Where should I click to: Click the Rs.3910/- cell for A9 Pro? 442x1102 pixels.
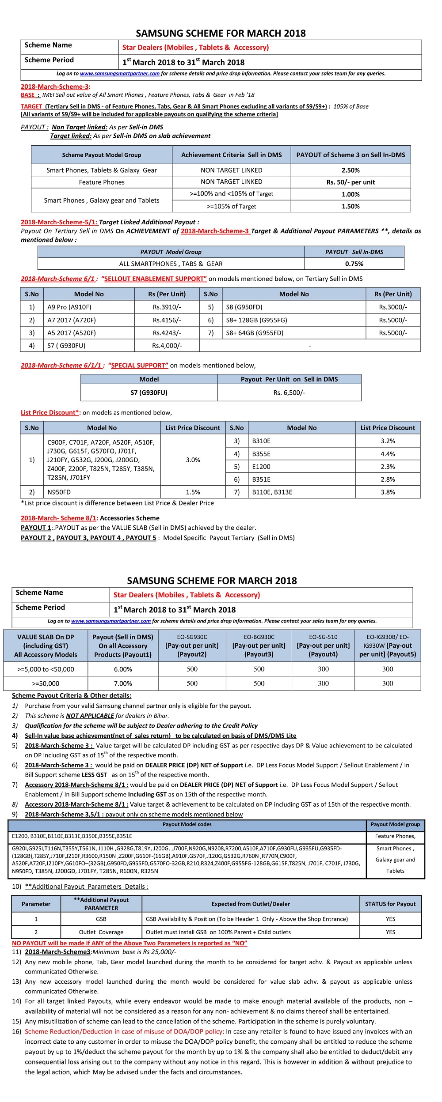point(167,307)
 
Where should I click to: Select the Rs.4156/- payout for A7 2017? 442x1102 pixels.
point(167,320)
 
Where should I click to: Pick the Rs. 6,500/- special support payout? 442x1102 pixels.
point(289,392)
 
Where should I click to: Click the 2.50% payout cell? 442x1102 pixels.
point(351,170)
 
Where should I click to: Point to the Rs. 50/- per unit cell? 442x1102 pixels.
point(351,182)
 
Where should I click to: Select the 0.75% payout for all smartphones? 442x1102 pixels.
point(354,264)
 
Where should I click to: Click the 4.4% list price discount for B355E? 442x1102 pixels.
point(388,454)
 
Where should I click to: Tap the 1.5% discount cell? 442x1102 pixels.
point(193,492)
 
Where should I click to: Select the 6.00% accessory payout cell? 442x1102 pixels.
point(123,669)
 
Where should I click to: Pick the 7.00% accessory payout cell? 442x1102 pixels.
point(123,683)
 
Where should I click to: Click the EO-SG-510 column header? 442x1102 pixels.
point(323,645)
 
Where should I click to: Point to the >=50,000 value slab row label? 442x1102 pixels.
point(46,683)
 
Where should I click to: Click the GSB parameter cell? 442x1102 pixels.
point(101,919)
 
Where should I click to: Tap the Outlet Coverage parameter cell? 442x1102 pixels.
point(101,932)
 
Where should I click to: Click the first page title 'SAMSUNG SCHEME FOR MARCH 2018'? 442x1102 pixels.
point(221,34)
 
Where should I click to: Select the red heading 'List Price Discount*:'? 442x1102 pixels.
point(50,413)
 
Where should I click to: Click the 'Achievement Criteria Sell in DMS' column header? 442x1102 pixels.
point(231,155)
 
